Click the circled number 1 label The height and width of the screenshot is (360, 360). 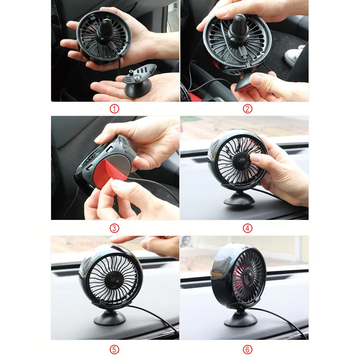coord(114,109)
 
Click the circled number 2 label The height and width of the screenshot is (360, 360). coord(248,109)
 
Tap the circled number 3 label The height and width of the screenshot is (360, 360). coord(114,228)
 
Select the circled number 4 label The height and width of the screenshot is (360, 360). coord(248,228)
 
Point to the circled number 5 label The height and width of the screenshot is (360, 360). coord(114,350)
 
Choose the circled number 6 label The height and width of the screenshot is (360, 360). coord(248,350)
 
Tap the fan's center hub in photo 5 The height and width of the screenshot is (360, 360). coord(114,281)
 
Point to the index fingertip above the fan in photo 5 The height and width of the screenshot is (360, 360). coord(114,240)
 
